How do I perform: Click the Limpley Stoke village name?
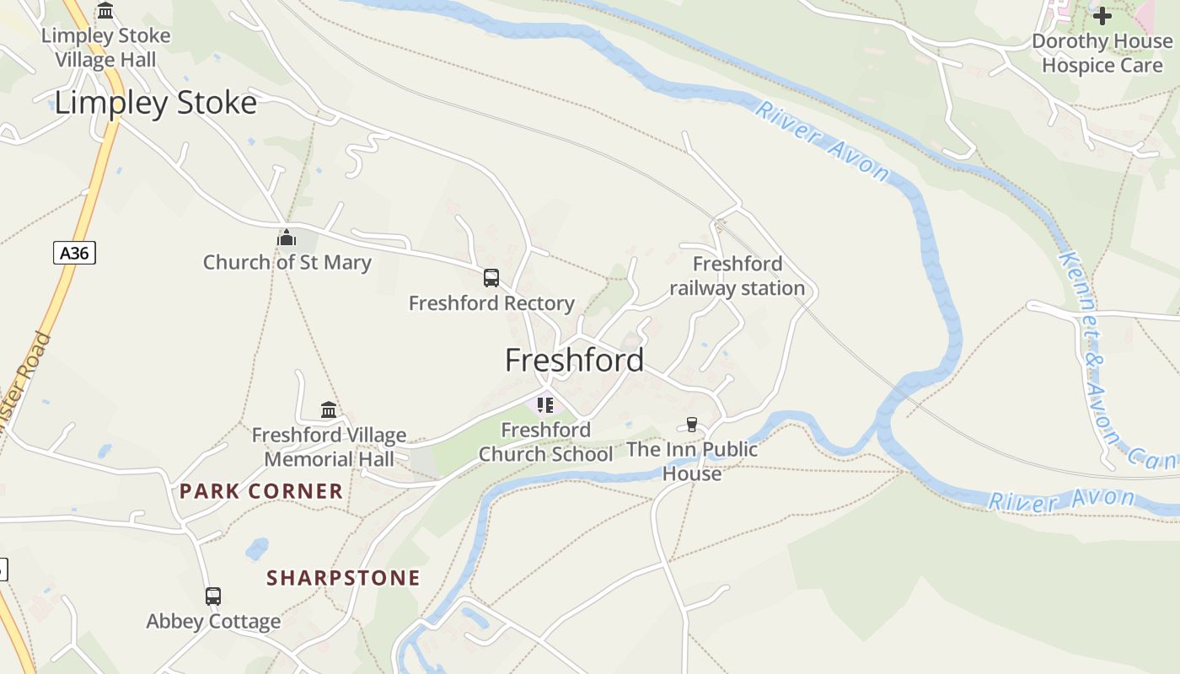point(155,103)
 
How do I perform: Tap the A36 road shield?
point(74,253)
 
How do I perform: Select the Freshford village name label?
point(574,361)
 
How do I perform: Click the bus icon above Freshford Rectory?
point(491,277)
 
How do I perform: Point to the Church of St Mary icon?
point(287,238)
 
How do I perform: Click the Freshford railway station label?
point(737,276)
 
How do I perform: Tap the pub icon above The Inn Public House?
point(692,424)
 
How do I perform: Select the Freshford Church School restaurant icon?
point(544,405)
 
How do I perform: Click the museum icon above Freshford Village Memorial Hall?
point(329,410)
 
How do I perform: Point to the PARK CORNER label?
point(261,491)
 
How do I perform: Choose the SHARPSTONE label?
point(343,578)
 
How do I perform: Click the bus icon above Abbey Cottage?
point(213,596)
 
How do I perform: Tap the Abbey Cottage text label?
point(213,622)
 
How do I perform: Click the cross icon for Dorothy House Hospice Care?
point(1102,15)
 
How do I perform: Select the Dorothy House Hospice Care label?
point(1102,52)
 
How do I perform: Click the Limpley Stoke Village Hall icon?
point(105,11)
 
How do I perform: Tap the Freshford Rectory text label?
point(491,303)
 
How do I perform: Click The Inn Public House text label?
point(692,461)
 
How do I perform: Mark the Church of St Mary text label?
point(287,263)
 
